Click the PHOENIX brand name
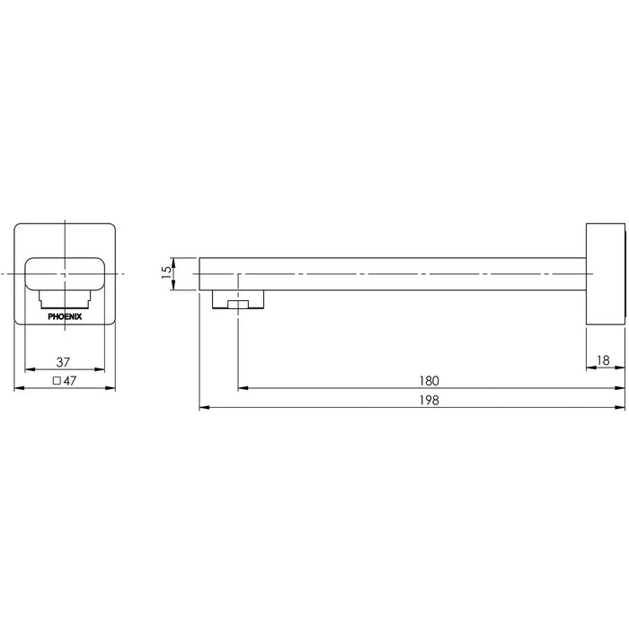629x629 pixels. tap(65, 316)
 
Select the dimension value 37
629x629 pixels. tap(63, 362)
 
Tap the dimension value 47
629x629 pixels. tap(70, 381)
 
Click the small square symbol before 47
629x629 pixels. tap(57, 381)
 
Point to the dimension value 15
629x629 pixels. tap(166, 273)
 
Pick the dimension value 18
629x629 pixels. tap(603, 360)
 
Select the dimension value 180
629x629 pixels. tap(430, 381)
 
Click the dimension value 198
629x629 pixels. tap(430, 400)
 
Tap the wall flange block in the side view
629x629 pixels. tap(606, 274)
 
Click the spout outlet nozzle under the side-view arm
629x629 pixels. tap(238, 299)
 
